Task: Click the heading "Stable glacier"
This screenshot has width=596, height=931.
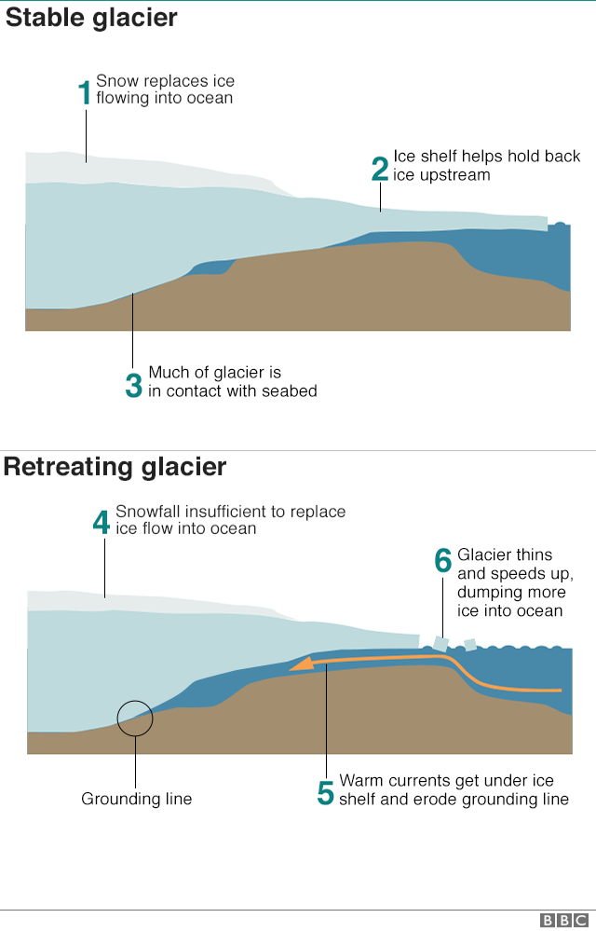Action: click(91, 18)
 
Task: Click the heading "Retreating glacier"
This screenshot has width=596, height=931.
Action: click(115, 467)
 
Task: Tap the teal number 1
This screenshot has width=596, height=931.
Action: click(85, 93)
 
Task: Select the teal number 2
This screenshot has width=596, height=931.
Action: click(380, 169)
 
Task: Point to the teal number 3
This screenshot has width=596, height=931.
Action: click(134, 385)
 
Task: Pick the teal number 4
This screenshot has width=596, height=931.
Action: click(102, 523)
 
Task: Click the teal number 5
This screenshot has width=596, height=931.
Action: click(326, 793)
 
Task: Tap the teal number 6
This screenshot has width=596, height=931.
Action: click(443, 560)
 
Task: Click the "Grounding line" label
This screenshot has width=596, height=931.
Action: click(136, 800)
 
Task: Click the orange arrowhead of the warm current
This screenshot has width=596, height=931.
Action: click(302, 664)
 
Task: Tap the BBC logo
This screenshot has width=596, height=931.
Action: click(564, 921)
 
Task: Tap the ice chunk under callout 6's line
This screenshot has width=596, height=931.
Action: click(440, 644)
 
